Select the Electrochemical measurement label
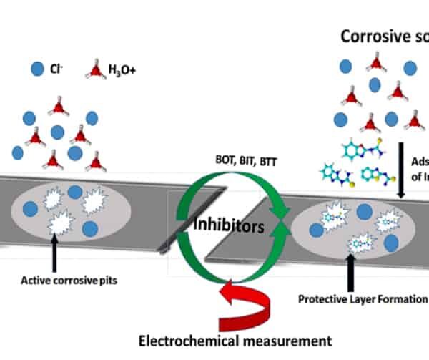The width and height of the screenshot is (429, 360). [x=235, y=341]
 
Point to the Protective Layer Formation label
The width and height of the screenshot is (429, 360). [x=361, y=298]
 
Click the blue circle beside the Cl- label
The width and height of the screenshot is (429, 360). [x=37, y=70]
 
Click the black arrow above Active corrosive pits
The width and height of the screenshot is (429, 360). [x=55, y=254]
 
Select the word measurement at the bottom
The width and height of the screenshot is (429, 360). [x=286, y=341]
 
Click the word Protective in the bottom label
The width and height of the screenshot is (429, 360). [x=322, y=298]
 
